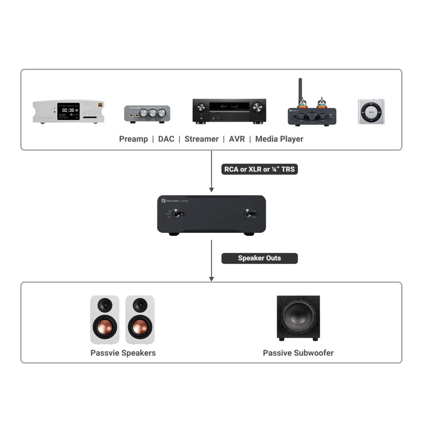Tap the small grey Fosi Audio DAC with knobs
point(147,113)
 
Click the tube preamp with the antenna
point(312,112)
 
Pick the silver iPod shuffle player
point(371,111)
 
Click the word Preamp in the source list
point(133,139)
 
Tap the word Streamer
point(201,139)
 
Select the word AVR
point(237,139)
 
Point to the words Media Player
point(279,139)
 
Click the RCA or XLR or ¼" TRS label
point(260,169)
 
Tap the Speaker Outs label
point(259,258)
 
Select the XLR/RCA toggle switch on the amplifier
point(247,214)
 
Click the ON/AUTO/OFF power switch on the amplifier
point(177,214)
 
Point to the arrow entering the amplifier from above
point(211,183)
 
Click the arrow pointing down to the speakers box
point(211,272)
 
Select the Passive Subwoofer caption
point(298,353)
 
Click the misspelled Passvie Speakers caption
point(123,353)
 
